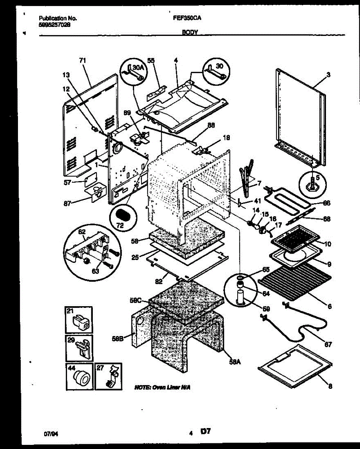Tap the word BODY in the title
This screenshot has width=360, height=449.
pyautogui.click(x=190, y=33)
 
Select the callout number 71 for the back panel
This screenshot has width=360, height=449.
pyautogui.click(x=83, y=60)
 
